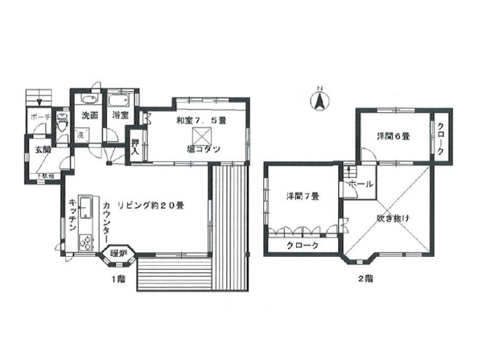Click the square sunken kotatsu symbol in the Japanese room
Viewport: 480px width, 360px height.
click(x=202, y=136)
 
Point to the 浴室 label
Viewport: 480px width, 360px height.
click(x=120, y=116)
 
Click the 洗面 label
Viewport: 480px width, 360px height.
click(x=90, y=116)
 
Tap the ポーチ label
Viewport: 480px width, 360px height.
click(x=40, y=117)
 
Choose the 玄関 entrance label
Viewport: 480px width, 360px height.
click(x=42, y=149)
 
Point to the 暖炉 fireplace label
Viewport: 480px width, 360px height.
click(x=119, y=255)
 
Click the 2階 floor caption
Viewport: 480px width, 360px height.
click(x=364, y=280)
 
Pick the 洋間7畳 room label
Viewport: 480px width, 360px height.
click(x=303, y=197)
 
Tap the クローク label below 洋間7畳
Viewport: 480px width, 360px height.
click(x=301, y=246)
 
